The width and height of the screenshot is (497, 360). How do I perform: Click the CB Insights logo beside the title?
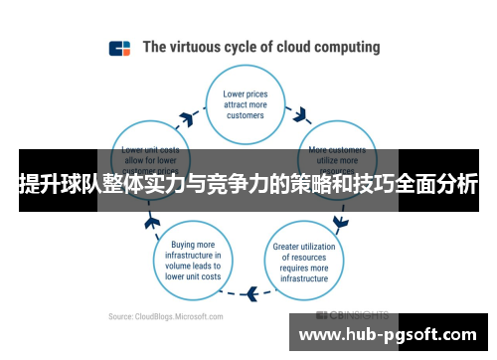(x=119, y=47)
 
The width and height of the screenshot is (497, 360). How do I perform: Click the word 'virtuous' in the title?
(x=202, y=47)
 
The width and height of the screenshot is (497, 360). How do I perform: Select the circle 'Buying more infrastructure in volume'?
(x=195, y=258)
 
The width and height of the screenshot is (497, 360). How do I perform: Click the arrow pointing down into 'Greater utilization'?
(x=341, y=220)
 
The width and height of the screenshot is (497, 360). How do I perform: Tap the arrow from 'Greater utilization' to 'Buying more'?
(x=251, y=293)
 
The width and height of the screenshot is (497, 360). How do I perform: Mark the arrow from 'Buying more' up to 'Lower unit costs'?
(x=153, y=220)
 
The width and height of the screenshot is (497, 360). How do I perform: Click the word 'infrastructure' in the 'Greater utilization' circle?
(x=302, y=278)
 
